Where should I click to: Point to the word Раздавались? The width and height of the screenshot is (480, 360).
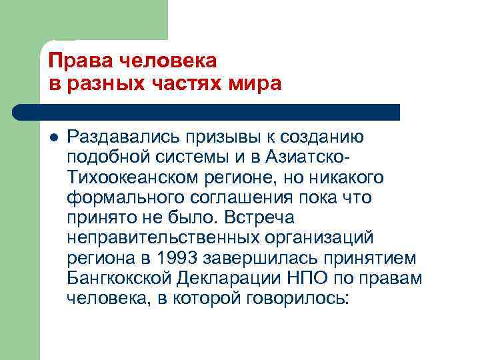pyautogui.click(x=127, y=137)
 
